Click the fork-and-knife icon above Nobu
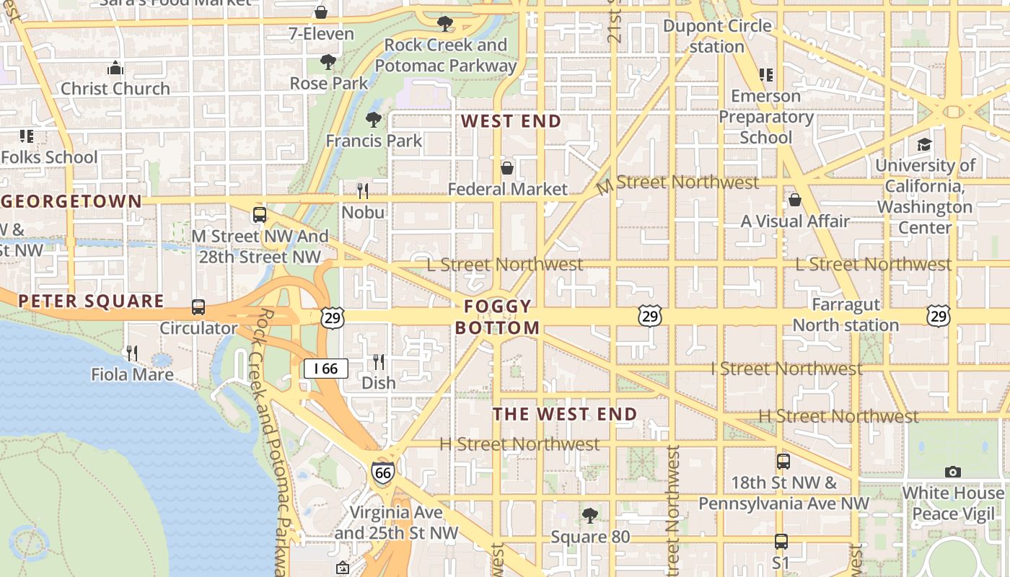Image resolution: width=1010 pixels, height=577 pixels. click(x=363, y=191)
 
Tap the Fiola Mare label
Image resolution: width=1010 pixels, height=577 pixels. click(x=132, y=374)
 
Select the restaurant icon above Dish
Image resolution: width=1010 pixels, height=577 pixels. click(x=379, y=361)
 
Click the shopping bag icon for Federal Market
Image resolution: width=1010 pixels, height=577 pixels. click(x=507, y=168)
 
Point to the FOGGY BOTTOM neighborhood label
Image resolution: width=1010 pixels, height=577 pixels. click(x=497, y=317)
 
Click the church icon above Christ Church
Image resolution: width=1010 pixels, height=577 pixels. click(x=115, y=69)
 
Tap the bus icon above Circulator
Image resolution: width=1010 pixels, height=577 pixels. click(x=198, y=307)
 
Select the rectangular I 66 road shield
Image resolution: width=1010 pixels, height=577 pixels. click(x=326, y=369)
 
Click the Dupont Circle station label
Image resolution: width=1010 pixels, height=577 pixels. click(x=717, y=36)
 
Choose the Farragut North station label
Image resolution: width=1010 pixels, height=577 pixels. click(x=846, y=315)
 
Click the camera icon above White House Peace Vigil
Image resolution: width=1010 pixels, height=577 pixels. click(x=953, y=472)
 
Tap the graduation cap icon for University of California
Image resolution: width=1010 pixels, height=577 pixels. click(x=925, y=144)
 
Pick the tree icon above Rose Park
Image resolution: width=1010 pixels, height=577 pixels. click(x=328, y=62)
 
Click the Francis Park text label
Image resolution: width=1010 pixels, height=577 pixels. click(x=374, y=141)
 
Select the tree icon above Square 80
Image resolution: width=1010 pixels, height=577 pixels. click(x=590, y=516)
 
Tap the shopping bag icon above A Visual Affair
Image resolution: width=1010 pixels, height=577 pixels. click(x=795, y=200)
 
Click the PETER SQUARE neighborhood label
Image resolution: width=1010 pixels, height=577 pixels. click(x=92, y=301)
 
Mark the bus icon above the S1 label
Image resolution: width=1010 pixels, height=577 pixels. click(x=781, y=541)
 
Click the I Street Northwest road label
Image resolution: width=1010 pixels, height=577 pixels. click(x=786, y=369)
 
